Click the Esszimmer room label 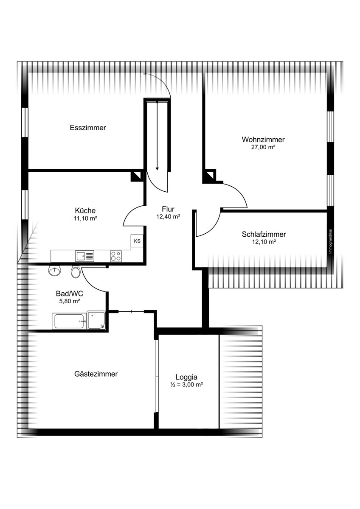tap(88, 128)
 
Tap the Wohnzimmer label tap(263, 139)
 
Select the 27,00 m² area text tap(263, 147)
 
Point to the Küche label tap(85, 210)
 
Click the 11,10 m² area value tap(85, 218)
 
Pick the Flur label tap(168, 209)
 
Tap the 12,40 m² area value tap(168, 217)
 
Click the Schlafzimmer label tap(264, 234)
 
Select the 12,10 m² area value tap(264, 242)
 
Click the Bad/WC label tap(70, 294)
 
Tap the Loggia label tap(186, 377)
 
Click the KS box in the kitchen tap(137, 241)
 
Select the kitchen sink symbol tap(84, 256)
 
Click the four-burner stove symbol tap(116, 256)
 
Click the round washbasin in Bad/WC tap(55, 271)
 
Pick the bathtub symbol tap(69, 321)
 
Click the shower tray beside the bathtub tap(96, 320)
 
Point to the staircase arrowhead tap(157, 168)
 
